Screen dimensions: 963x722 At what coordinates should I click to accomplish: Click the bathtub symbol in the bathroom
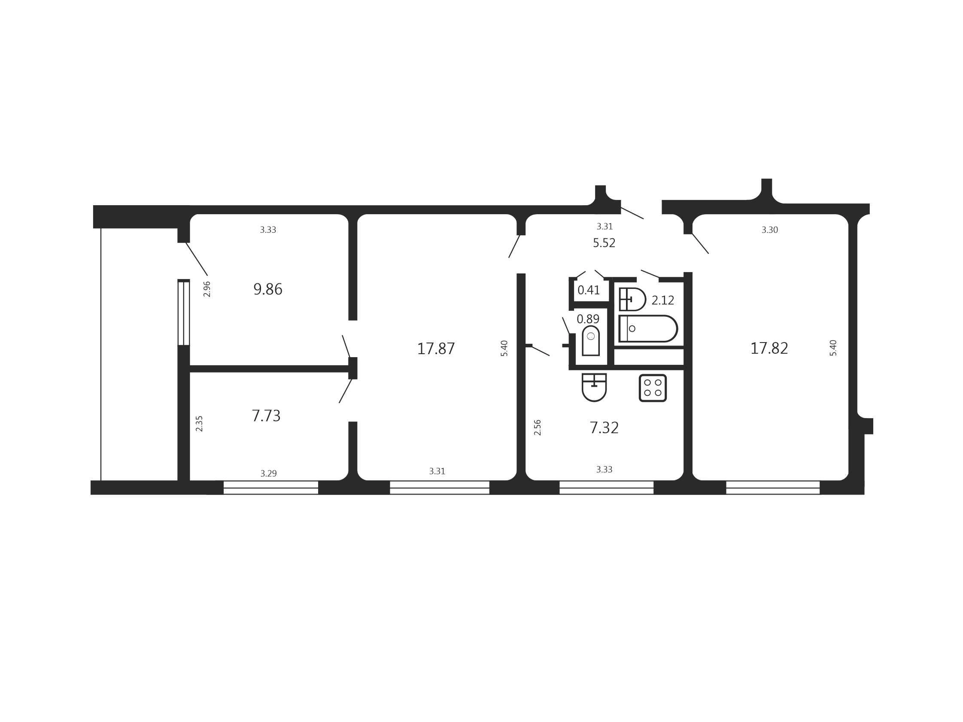click(x=648, y=328)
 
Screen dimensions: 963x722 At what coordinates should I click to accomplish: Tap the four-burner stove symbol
click(x=653, y=388)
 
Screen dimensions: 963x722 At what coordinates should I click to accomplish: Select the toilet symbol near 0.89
click(x=591, y=341)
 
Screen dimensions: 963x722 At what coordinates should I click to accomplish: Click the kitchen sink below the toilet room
click(x=594, y=387)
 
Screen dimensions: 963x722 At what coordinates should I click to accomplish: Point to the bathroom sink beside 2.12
click(x=632, y=299)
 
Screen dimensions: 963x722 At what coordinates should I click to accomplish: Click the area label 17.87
click(x=436, y=349)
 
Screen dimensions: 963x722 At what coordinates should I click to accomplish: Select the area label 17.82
click(x=769, y=348)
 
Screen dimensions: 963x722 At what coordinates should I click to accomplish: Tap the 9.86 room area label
click(x=268, y=289)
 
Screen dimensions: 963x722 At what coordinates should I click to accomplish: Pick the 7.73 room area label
click(x=266, y=416)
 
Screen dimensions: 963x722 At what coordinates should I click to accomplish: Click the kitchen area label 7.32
click(x=604, y=428)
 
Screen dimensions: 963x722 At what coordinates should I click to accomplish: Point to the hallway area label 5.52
click(x=604, y=243)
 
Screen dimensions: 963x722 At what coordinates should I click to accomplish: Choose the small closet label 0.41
click(x=589, y=290)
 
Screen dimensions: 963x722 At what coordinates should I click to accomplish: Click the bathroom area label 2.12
click(x=662, y=300)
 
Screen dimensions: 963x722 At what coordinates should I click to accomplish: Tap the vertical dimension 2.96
click(x=207, y=289)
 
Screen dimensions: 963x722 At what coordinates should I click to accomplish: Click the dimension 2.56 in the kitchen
click(x=537, y=428)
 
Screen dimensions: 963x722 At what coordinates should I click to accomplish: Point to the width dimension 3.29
click(x=269, y=473)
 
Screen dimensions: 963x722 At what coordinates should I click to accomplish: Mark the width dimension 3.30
click(x=770, y=230)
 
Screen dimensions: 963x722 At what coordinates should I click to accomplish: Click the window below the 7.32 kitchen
click(x=607, y=488)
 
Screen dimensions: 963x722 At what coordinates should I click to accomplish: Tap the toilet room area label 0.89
click(x=588, y=319)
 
